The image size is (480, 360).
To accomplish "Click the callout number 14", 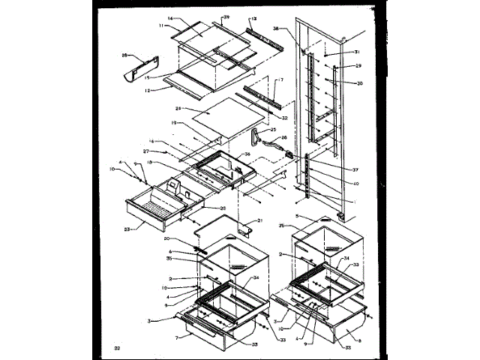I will point(169,18).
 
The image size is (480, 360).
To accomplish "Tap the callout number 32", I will point(284,118).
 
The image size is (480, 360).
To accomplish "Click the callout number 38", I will point(296,28).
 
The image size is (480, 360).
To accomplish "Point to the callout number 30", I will point(359,84).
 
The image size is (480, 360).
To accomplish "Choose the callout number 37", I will point(355,170).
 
